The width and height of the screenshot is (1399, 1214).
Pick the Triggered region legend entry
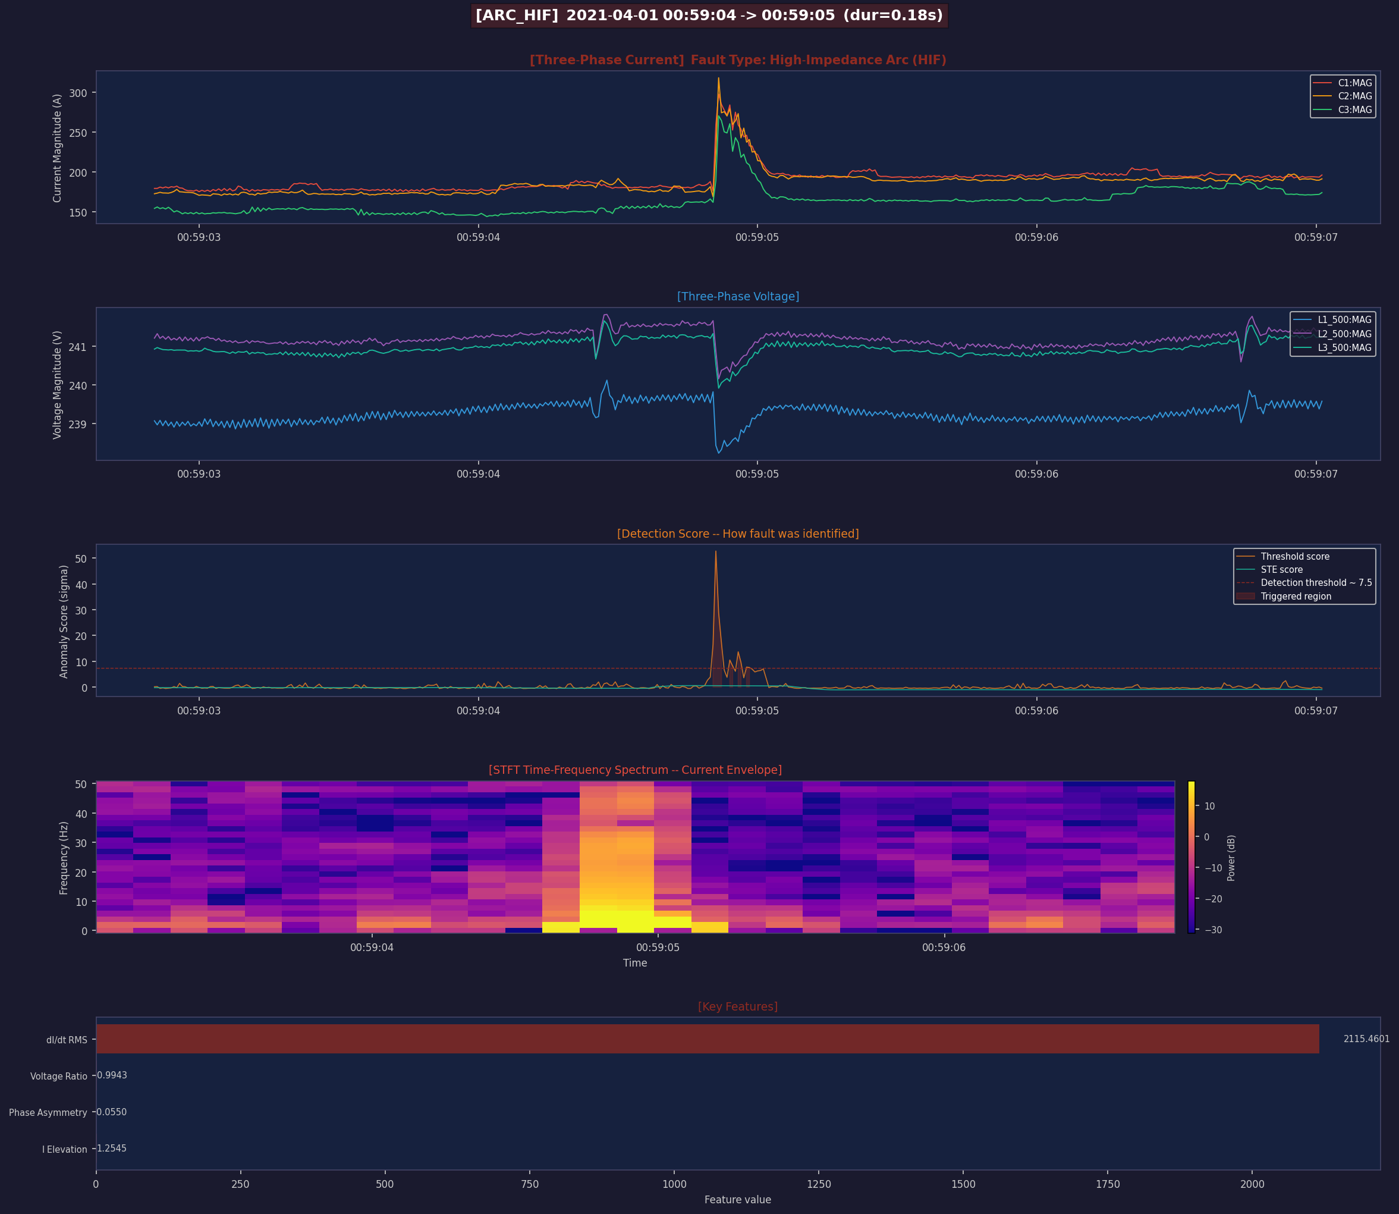click(x=1296, y=596)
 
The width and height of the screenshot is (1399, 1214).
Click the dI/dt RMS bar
click(x=707, y=1039)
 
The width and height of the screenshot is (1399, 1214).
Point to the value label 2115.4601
click(x=1366, y=1039)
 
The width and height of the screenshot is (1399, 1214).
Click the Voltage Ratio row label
click(x=58, y=1076)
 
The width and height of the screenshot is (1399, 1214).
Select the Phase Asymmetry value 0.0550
click(x=112, y=1112)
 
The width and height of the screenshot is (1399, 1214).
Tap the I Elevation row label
click(x=64, y=1149)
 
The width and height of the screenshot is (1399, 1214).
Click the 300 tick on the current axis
click(x=78, y=93)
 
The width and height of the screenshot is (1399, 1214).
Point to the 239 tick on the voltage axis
click(x=77, y=424)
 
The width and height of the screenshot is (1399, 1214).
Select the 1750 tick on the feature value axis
click(x=1108, y=1184)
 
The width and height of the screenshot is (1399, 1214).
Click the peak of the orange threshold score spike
click(x=716, y=551)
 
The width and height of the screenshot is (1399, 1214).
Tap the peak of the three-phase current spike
click(x=718, y=78)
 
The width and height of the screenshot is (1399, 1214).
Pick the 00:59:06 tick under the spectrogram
click(x=944, y=947)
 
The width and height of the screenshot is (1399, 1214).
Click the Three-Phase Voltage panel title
click(x=737, y=296)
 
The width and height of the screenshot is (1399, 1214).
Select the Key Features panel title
click(x=737, y=1006)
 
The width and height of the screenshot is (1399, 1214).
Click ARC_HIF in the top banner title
click(x=517, y=15)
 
